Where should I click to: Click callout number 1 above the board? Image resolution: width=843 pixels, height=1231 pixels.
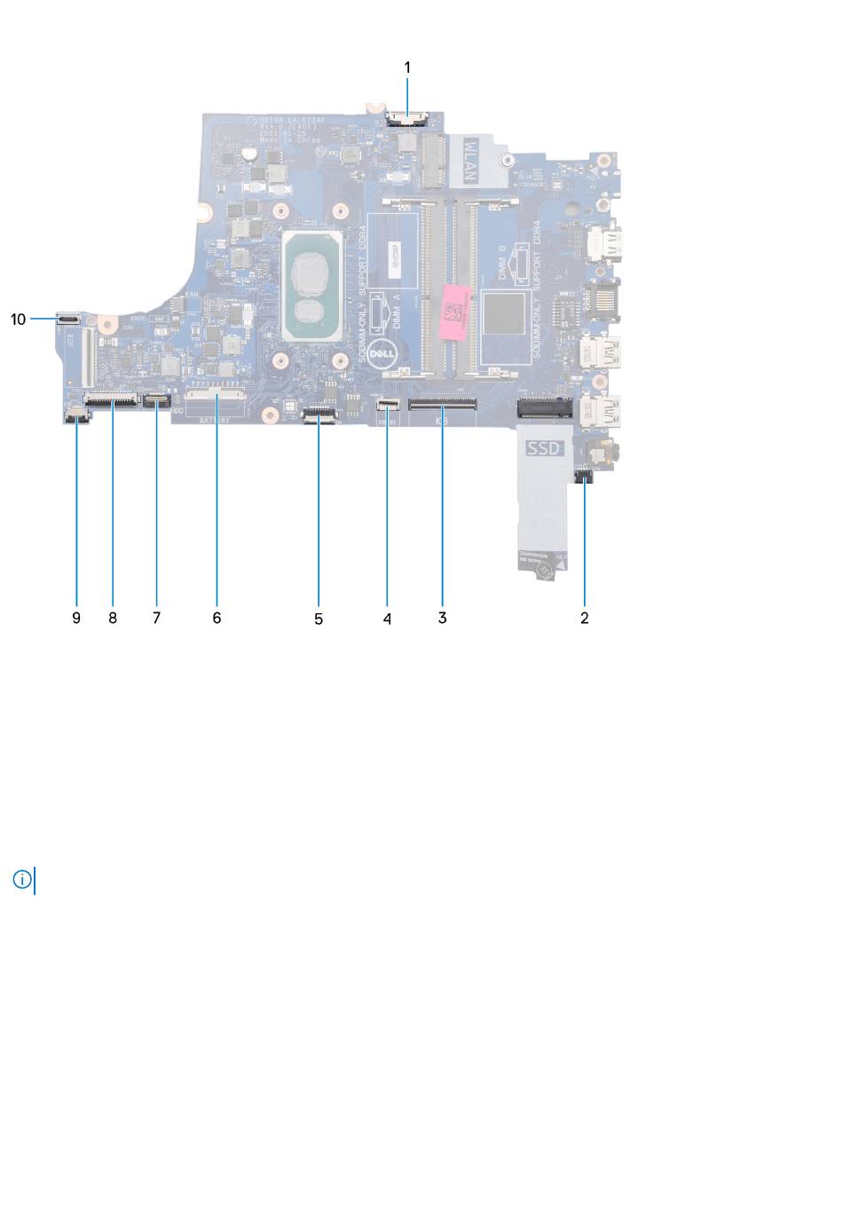(x=407, y=67)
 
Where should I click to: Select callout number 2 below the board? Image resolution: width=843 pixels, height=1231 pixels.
(x=584, y=618)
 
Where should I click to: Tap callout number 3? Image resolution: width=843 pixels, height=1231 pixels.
(x=442, y=618)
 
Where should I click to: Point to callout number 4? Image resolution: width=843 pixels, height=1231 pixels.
(x=387, y=619)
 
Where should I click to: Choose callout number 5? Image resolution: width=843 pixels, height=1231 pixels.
(x=319, y=619)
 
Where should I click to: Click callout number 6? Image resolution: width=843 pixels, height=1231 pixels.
(x=217, y=618)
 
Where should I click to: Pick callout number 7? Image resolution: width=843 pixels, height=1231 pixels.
(x=156, y=618)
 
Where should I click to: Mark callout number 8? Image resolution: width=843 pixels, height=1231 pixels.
(x=113, y=618)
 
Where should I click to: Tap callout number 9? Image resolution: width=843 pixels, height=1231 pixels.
(x=76, y=618)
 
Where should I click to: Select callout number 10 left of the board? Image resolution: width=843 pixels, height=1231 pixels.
(x=19, y=320)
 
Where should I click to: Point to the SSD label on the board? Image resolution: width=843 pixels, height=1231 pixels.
(x=544, y=449)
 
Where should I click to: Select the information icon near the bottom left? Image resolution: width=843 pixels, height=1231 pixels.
(x=22, y=880)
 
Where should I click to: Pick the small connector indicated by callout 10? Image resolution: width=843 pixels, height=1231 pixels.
(x=68, y=315)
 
